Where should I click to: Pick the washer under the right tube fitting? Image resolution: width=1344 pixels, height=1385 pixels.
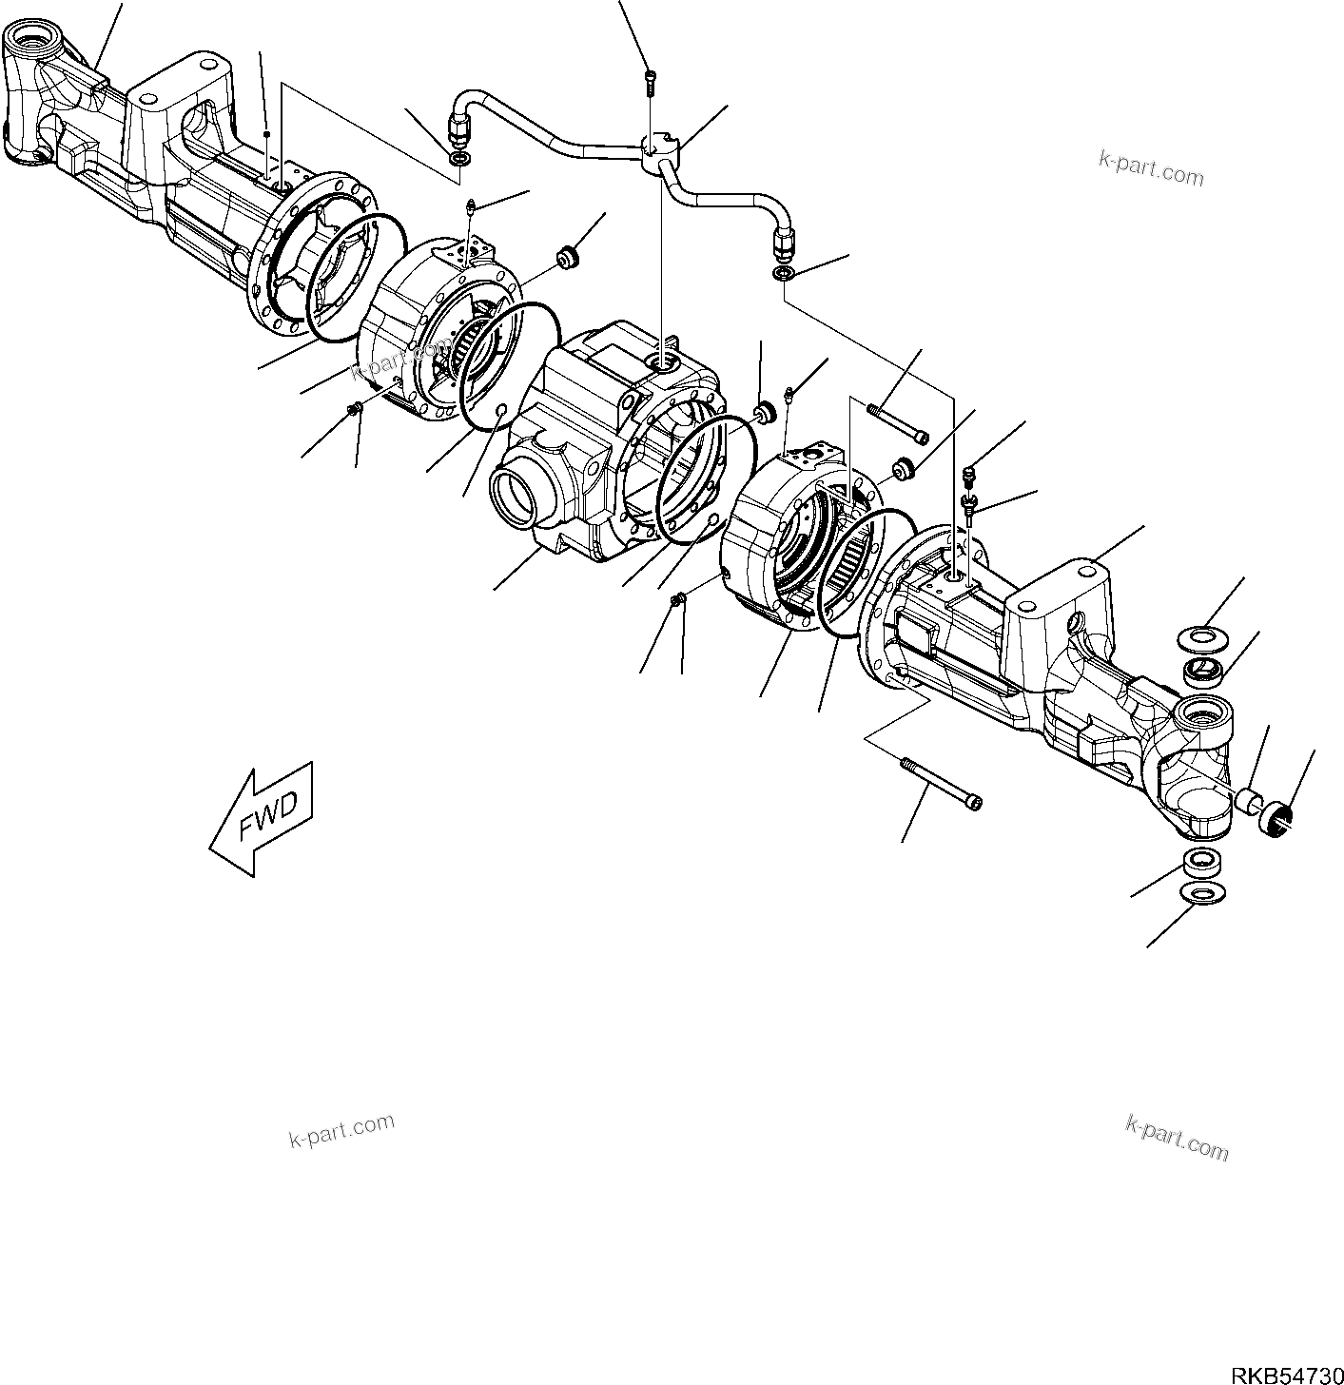pos(782,274)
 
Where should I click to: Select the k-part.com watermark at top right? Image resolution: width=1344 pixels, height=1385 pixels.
pos(1151,172)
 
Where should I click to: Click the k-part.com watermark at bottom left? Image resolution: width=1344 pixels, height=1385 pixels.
pos(341,1129)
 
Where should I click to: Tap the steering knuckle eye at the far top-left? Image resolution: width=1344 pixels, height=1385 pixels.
pos(30,43)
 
